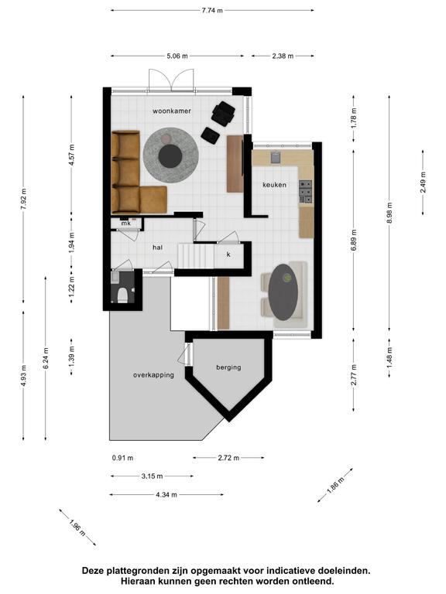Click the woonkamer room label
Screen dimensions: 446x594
click(x=172, y=111)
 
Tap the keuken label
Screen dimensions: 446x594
click(x=275, y=185)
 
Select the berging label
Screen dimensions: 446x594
click(x=228, y=367)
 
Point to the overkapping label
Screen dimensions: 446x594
click(x=153, y=375)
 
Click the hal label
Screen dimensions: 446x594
click(x=157, y=247)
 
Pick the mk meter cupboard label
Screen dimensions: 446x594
click(x=126, y=224)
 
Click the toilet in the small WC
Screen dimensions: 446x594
click(x=122, y=295)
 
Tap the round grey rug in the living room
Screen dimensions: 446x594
click(x=170, y=155)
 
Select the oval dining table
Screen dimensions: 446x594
click(x=283, y=292)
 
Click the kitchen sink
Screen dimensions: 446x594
click(x=276, y=157)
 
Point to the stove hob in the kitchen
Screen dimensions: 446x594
click(x=306, y=192)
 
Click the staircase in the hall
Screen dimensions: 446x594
click(x=196, y=256)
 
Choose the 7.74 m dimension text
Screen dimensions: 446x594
click(x=212, y=10)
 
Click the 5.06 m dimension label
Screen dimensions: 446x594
click(x=177, y=56)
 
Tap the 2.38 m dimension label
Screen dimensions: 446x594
click(x=283, y=56)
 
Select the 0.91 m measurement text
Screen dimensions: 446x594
click(x=122, y=458)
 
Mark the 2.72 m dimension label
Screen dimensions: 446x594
click(x=228, y=458)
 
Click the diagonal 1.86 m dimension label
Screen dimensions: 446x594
click(x=335, y=484)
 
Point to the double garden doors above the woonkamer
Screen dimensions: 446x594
click(x=171, y=80)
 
